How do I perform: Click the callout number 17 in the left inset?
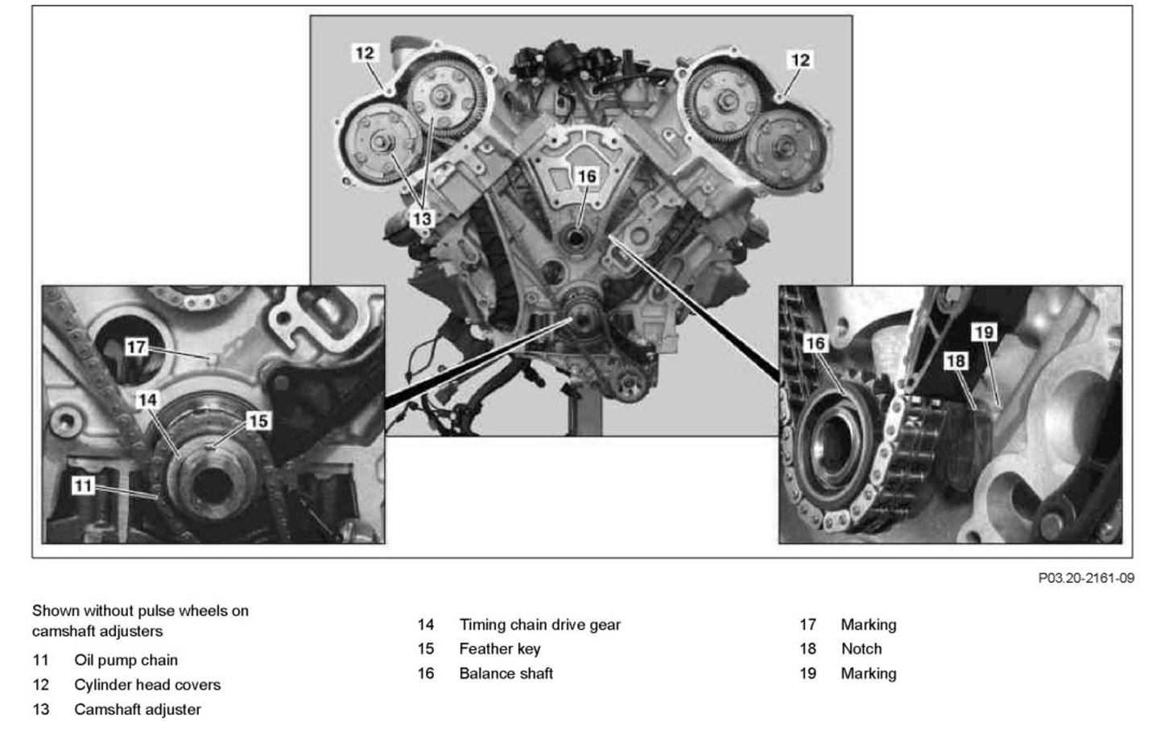(x=136, y=347)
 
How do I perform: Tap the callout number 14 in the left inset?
(x=147, y=400)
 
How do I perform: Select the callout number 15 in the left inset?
(x=258, y=420)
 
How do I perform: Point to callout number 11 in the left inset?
(x=83, y=485)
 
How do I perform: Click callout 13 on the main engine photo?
(x=421, y=218)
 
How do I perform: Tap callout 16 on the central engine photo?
(x=587, y=176)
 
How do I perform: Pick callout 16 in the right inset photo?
(x=816, y=344)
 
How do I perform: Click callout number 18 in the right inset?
(x=955, y=361)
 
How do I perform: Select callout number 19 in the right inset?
(x=984, y=332)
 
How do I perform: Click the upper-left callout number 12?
(x=365, y=53)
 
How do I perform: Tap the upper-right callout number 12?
(x=800, y=60)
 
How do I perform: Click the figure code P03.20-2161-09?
(x=1086, y=577)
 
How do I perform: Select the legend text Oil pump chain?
(x=126, y=660)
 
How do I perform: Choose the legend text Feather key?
(x=500, y=649)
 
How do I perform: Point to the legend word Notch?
(x=861, y=649)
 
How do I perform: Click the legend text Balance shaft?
(x=506, y=673)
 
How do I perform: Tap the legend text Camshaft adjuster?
(x=138, y=709)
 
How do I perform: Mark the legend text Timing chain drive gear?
(x=539, y=625)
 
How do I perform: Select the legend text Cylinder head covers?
(x=147, y=685)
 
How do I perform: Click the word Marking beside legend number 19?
(x=869, y=673)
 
